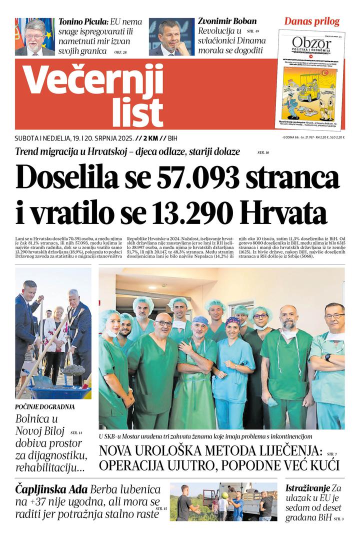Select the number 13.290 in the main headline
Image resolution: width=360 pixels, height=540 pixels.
click(x=188, y=213)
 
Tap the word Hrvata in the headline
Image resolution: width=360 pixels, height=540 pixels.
click(x=283, y=213)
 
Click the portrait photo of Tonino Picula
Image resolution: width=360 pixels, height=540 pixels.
click(x=35, y=36)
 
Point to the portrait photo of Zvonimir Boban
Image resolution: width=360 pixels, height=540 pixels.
click(x=171, y=36)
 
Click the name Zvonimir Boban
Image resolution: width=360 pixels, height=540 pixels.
click(x=227, y=21)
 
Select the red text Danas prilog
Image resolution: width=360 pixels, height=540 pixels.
click(x=311, y=21)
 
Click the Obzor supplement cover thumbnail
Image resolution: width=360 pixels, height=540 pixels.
click(x=311, y=80)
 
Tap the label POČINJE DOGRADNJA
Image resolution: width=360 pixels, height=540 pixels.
click(x=45, y=406)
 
